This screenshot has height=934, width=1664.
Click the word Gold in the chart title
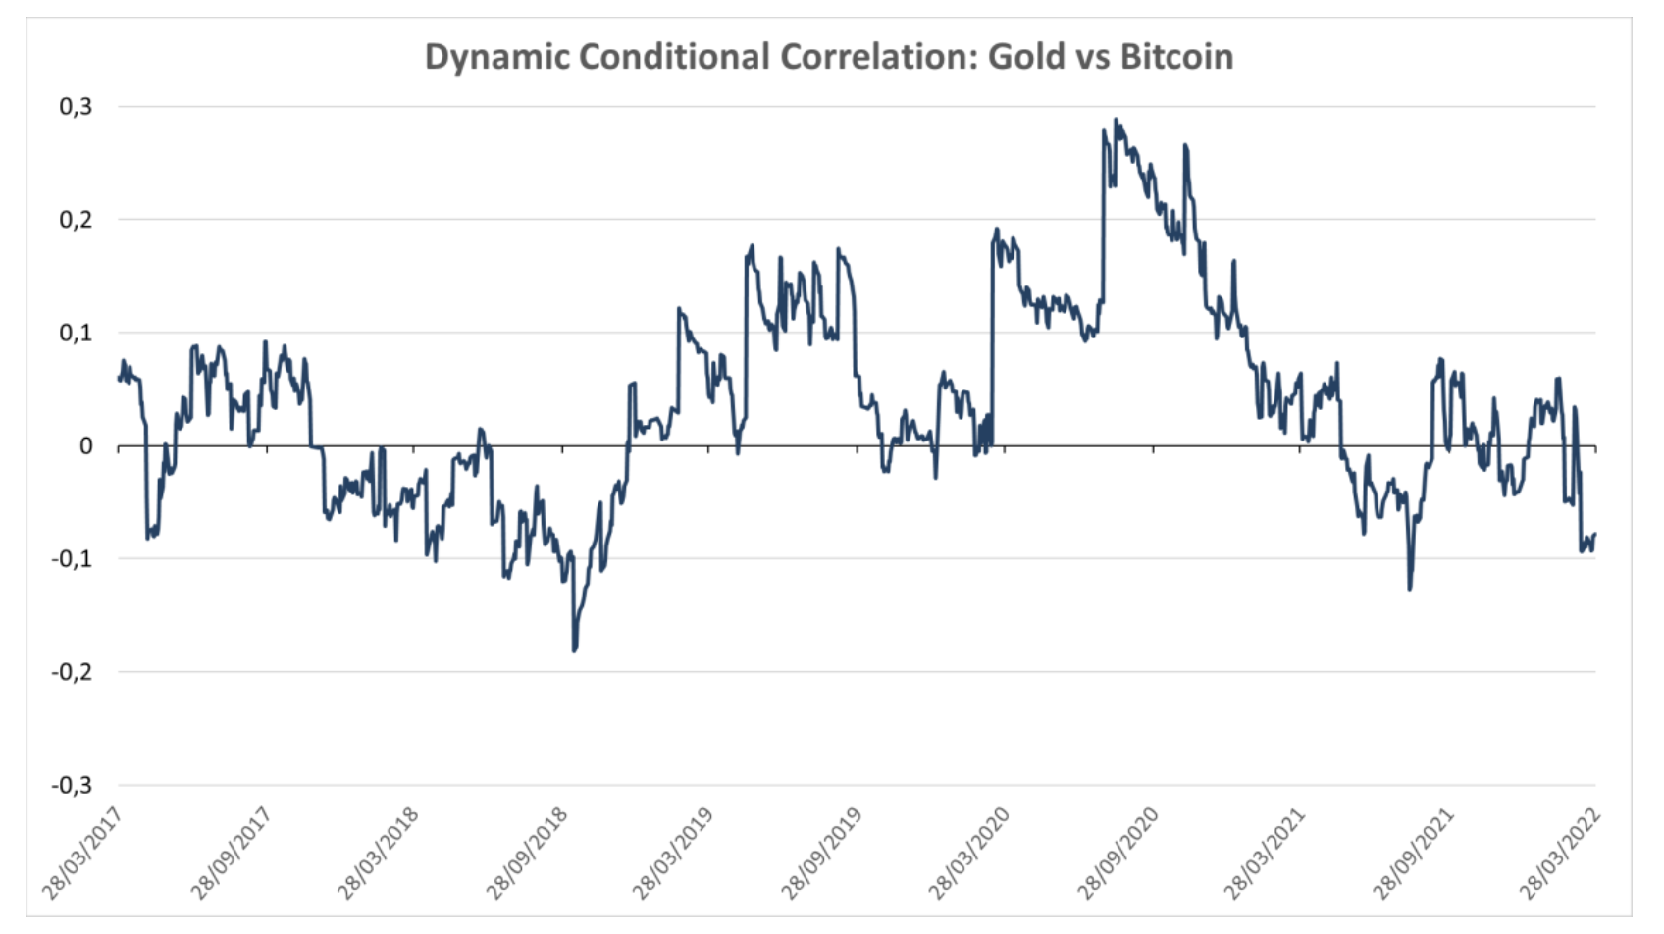[1025, 57]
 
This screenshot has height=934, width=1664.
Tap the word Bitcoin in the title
[1176, 57]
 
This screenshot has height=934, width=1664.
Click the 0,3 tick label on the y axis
[76, 106]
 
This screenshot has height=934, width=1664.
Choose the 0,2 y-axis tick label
[76, 219]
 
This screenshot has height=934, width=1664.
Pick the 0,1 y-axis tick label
[76, 333]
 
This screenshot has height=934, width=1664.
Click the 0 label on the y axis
[86, 446]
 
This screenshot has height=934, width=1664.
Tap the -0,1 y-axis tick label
[72, 559]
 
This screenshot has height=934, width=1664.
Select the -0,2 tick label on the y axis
[72, 672]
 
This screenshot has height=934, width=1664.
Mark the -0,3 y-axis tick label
[72, 785]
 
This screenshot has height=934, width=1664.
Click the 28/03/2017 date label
[82, 854]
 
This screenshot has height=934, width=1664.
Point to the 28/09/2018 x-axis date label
[527, 854]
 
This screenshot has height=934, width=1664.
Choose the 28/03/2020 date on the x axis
[969, 854]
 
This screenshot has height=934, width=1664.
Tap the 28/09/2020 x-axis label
[1118, 854]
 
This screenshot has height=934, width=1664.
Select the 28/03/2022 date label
[1560, 854]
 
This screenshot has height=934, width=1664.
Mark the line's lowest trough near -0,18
[574, 650]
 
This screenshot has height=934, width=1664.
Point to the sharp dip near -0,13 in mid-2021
[1410, 589]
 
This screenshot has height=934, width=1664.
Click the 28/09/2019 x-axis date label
[822, 854]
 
